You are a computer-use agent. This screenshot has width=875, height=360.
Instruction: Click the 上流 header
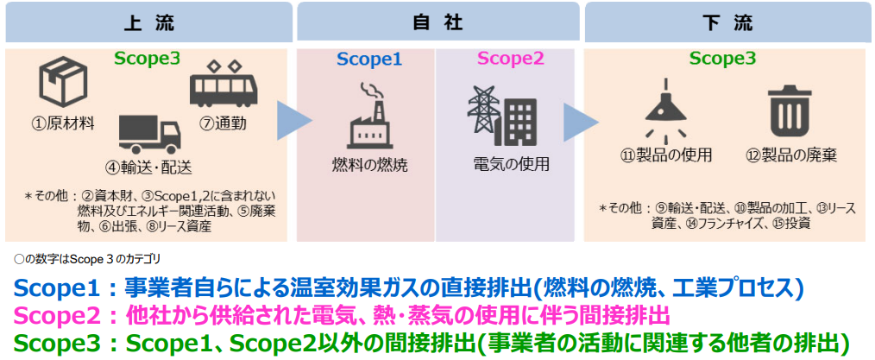coord(149,23)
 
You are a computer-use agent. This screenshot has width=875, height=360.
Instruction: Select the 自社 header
coord(438,23)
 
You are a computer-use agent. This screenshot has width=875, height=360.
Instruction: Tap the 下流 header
coord(727,23)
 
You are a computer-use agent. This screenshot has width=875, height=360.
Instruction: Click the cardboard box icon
coord(62,85)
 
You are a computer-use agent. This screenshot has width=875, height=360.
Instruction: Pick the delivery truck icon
coord(150,134)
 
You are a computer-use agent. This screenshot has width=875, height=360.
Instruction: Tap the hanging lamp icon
coord(665,108)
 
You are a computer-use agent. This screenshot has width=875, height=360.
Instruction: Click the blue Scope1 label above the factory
coord(368,60)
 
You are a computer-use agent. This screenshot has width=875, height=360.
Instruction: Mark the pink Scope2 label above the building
coord(511,59)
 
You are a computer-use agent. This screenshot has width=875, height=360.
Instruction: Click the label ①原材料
coord(62,123)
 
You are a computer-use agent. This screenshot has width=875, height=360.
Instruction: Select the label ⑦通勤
coord(223,123)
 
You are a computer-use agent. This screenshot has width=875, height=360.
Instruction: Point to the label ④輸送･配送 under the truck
coord(151,167)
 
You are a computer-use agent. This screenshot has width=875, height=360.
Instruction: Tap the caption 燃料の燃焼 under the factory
coord(369,166)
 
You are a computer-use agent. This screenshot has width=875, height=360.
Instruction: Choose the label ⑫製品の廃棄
coord(791,155)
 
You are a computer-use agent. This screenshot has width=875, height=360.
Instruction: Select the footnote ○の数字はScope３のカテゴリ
coord(88,259)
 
